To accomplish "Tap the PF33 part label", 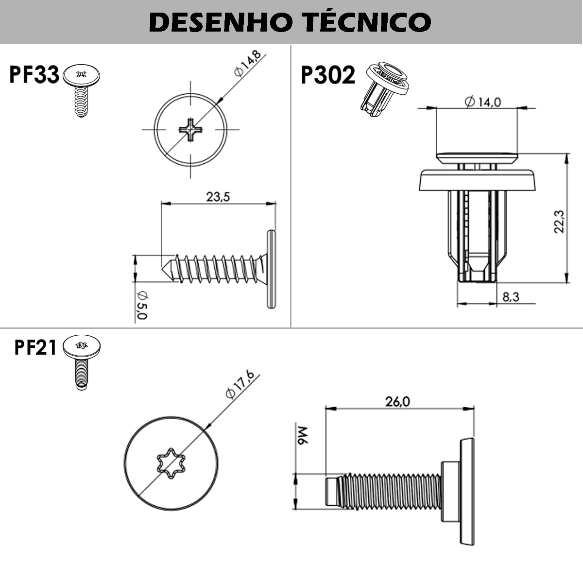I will click(33, 75).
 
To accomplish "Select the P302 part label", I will click(328, 75).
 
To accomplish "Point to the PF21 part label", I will click(35, 348).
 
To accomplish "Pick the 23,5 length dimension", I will click(218, 197).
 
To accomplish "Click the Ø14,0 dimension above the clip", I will click(482, 102).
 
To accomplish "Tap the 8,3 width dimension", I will click(511, 296).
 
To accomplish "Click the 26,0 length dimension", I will click(397, 401).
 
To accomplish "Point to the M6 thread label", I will click(302, 436).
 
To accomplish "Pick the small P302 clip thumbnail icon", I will click(384, 88).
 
